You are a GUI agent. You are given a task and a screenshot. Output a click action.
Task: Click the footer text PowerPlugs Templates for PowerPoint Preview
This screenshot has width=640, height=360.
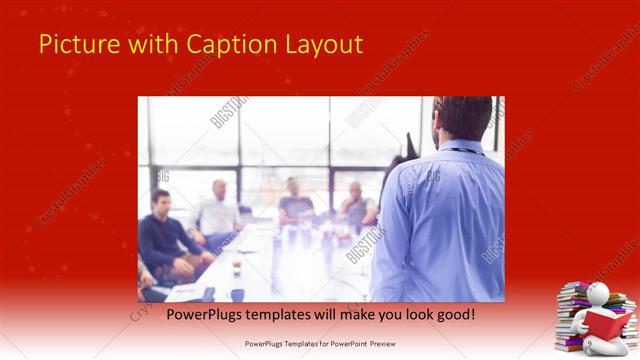coord(319,344)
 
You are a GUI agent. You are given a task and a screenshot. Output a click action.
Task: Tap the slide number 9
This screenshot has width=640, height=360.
coord(589,344)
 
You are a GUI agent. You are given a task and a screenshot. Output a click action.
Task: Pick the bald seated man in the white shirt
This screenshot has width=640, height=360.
coord(218,210)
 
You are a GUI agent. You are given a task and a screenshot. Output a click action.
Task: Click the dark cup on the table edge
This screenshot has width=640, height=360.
coord(237,294)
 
